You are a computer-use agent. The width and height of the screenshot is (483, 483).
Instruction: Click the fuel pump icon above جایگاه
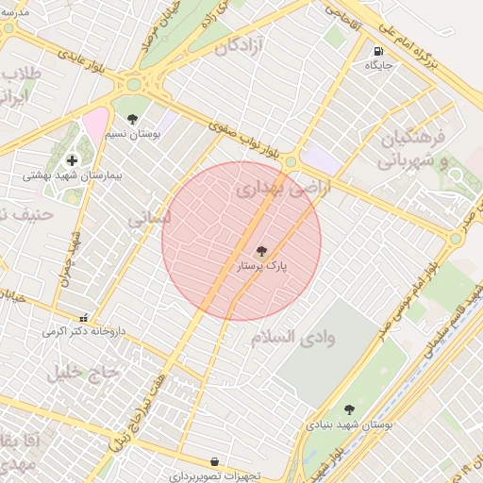coord(378,52)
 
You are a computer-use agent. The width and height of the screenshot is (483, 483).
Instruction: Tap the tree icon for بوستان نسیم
coord(131,120)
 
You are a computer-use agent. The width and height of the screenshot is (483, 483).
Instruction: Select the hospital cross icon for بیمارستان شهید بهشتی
coord(72,160)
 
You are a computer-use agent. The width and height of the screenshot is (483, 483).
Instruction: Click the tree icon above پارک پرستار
coord(261,251)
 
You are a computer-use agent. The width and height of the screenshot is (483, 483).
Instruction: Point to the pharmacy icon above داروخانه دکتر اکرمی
coord(85,317)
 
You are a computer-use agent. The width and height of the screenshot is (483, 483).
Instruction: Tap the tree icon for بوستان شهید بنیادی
coord(349,409)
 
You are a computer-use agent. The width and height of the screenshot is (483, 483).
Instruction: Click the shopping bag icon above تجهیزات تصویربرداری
coord(215,461)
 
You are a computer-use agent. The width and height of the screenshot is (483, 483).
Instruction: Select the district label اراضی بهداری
coord(273,190)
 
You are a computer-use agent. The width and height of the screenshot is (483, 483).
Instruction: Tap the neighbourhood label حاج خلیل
coord(85,372)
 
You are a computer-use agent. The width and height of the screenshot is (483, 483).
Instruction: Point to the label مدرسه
coord(17,12)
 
